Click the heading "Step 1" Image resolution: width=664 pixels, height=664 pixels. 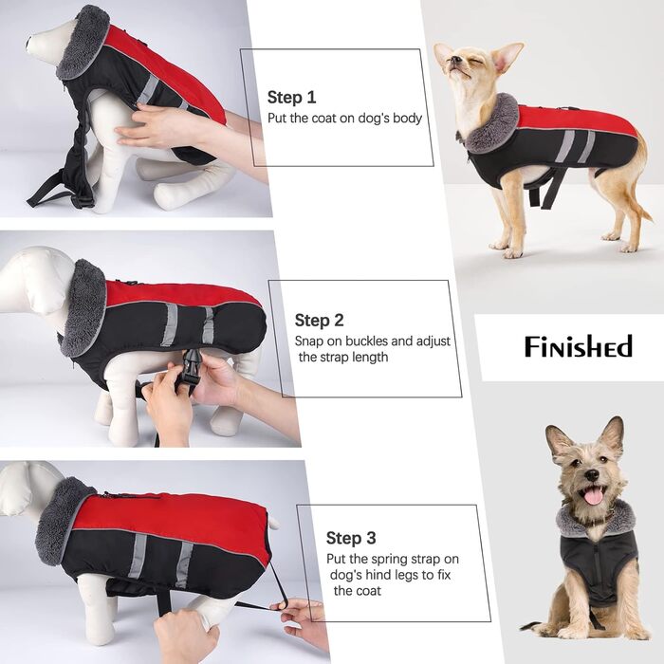click(x=291, y=97)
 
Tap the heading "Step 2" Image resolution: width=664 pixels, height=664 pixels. click(x=319, y=321)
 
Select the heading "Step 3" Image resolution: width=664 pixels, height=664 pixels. click(x=351, y=538)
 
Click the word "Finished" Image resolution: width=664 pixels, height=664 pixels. click(x=579, y=346)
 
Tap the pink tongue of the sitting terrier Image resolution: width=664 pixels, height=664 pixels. click(x=593, y=495)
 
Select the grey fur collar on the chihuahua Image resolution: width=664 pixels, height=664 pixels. click(x=493, y=125)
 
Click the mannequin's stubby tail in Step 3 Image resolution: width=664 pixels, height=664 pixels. click(x=273, y=523)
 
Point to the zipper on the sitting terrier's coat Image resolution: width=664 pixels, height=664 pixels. click(x=597, y=563)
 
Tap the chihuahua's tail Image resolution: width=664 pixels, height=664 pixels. click(x=641, y=203)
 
